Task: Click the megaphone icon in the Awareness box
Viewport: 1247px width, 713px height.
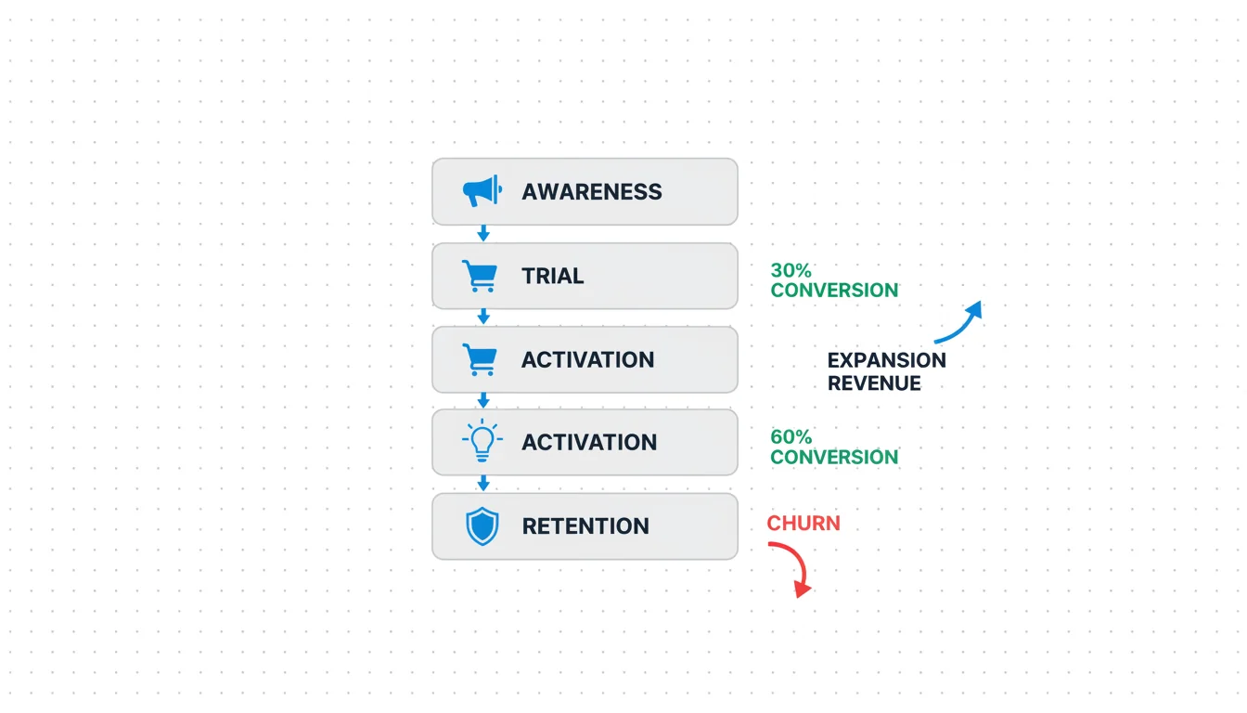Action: (x=482, y=191)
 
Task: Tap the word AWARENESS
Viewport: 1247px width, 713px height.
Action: (x=592, y=191)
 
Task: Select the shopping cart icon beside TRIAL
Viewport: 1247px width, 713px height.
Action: (x=480, y=276)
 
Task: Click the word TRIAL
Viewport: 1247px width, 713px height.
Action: (x=552, y=276)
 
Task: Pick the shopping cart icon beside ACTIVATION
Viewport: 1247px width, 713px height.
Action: (x=480, y=359)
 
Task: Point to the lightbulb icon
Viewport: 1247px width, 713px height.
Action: (x=482, y=440)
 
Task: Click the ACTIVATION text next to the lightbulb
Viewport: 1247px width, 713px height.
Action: (x=589, y=442)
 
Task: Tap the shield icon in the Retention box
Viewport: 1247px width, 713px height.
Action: (x=482, y=525)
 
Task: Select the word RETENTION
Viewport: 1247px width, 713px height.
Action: (x=585, y=525)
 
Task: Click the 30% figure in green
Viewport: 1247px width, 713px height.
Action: (x=791, y=270)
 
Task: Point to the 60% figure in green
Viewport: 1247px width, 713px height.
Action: (x=791, y=436)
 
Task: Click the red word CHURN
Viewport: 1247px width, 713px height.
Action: (x=803, y=523)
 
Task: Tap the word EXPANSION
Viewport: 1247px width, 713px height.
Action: (x=887, y=360)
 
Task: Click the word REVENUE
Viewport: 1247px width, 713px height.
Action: (x=874, y=383)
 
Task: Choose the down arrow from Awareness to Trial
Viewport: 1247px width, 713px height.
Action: (x=483, y=233)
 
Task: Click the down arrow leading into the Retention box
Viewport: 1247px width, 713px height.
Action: (x=483, y=483)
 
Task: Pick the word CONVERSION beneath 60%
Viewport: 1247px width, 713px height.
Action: (x=834, y=457)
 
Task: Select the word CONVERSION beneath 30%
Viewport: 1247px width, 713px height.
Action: (x=834, y=291)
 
